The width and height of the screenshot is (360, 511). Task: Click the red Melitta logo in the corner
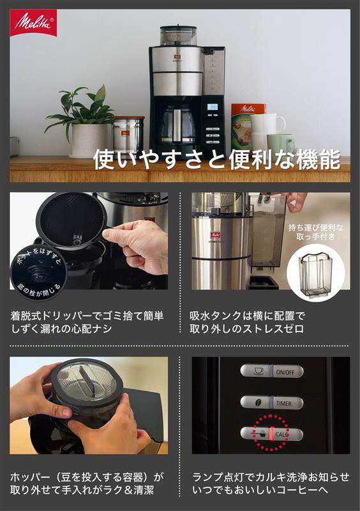[34, 22]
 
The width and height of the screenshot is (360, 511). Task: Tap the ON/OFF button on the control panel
[272, 372]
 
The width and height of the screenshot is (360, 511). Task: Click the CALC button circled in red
[272, 434]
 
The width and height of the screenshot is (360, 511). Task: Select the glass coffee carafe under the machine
[177, 125]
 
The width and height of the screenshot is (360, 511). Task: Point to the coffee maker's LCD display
[213, 107]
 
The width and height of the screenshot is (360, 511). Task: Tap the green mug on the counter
[281, 143]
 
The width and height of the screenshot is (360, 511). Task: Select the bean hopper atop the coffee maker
[178, 36]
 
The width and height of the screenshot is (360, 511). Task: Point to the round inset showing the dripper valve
[39, 270]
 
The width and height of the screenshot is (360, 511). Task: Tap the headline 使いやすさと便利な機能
[216, 160]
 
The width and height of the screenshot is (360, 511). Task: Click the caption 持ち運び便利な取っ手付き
[316, 232]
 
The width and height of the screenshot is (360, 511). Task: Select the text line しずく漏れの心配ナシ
[61, 328]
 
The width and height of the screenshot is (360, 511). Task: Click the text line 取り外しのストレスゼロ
[246, 328]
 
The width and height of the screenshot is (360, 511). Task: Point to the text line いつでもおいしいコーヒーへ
[260, 490]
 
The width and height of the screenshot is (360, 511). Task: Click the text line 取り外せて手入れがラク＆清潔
[82, 490]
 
